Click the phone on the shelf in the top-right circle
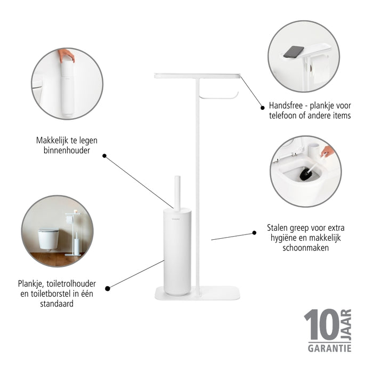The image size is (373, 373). coord(294,52)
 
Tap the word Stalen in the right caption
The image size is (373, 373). coord(279,228)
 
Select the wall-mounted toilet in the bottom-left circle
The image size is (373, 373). coord(48,238)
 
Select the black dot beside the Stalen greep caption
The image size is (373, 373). coord(254,233)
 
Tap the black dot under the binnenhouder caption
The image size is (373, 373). coord(104,156)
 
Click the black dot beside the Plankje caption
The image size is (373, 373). coord(108,288)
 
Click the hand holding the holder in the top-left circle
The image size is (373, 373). coord(67,54)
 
